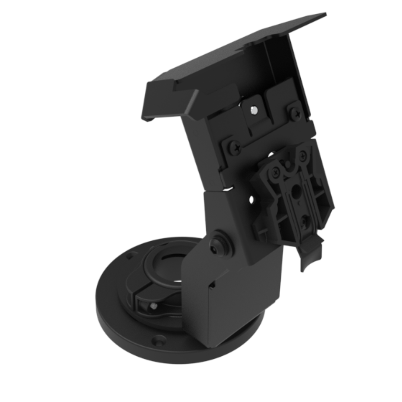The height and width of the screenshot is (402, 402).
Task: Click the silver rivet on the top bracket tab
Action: click(253, 110)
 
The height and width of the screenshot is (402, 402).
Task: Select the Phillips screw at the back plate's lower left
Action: click(234, 148)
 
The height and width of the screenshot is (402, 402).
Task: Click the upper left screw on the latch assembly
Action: click(276, 172)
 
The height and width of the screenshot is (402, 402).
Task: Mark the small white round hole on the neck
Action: click(251, 200)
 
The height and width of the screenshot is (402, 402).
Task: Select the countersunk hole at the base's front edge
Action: click(159, 339)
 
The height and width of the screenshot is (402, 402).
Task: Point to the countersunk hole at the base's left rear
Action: click(131, 256)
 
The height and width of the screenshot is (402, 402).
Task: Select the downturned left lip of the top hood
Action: click(147, 108)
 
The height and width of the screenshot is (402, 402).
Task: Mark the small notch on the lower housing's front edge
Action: click(213, 285)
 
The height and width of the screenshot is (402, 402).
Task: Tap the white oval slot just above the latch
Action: click(271, 154)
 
